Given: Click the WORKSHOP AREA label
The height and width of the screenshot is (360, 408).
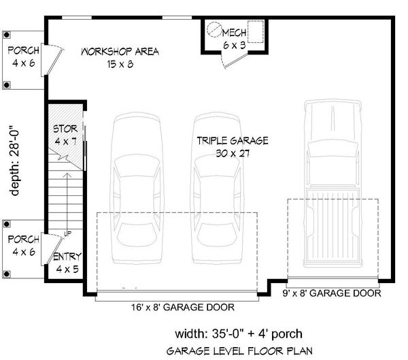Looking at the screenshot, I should (120, 52).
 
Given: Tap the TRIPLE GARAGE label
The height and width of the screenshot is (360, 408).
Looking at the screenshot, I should (233, 141).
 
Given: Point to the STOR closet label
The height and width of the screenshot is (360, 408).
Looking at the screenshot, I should (66, 129).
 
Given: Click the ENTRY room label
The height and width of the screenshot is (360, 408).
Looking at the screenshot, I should (67, 257).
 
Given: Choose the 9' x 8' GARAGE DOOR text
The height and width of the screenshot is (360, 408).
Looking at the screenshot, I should (331, 293).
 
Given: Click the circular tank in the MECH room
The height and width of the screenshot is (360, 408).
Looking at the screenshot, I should (215, 30).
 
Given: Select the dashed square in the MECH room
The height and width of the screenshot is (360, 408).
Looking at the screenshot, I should (256, 32).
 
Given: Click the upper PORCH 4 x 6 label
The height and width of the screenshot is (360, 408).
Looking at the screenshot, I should (23, 56).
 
